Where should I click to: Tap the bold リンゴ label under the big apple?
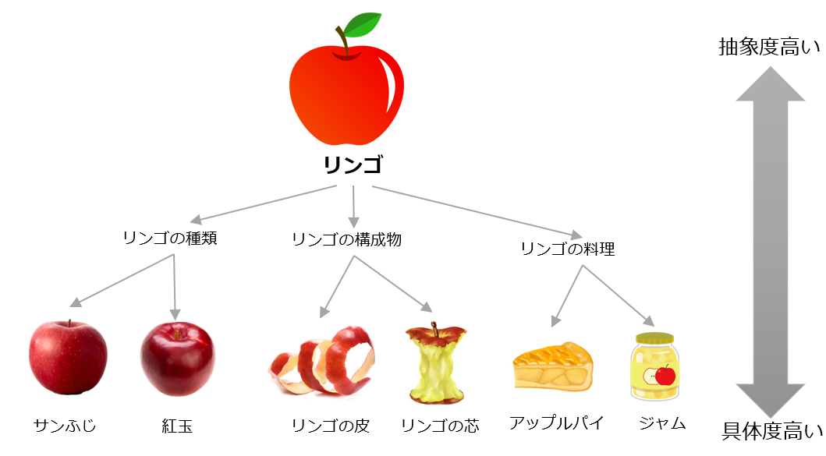point(353,164)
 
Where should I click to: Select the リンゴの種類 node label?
point(169,238)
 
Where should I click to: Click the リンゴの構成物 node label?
point(346,239)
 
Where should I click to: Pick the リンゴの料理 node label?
point(568,249)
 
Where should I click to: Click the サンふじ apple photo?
point(68,357)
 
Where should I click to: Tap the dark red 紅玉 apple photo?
point(178,359)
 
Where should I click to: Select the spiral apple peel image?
point(322,361)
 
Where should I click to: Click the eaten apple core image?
point(436,362)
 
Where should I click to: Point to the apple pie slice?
point(552,366)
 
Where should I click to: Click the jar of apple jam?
point(655,366)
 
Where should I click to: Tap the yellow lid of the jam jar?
point(655,338)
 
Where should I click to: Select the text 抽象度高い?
point(770,47)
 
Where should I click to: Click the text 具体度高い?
point(772,431)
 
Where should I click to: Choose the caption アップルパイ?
point(556,422)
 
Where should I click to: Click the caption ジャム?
point(662,423)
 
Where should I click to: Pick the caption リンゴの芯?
point(441,426)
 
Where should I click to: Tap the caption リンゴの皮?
point(331,426)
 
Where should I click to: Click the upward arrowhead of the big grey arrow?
point(770,83)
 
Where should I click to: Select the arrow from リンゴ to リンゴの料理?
point(477,212)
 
